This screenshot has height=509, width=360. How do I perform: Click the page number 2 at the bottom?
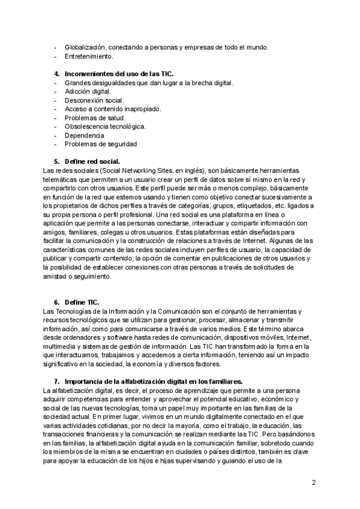[x=314, y=482]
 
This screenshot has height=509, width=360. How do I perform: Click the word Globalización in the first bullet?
[x=85, y=47]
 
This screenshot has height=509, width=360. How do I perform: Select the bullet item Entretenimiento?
[x=89, y=56]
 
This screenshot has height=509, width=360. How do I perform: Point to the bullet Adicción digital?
[x=88, y=91]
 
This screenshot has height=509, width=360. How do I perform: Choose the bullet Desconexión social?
[x=94, y=100]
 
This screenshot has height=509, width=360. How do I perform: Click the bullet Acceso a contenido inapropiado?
[x=113, y=109]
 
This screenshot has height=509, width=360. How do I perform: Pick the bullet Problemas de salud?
[x=95, y=118]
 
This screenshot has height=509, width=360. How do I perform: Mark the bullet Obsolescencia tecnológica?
[x=105, y=126]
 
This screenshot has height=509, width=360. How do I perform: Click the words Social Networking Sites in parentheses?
[x=127, y=170]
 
